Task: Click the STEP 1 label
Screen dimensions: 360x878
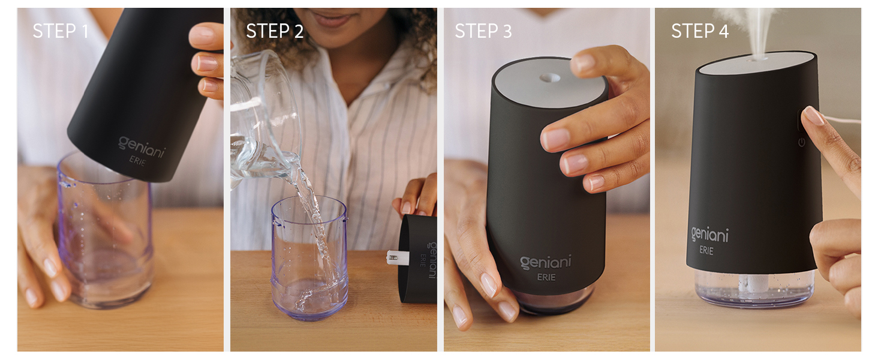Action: [61, 31]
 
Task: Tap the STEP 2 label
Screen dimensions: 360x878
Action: [275, 31]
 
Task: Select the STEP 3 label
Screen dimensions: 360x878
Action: [483, 31]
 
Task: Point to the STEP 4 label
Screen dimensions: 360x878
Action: [700, 31]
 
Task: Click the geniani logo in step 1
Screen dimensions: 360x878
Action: [141, 146]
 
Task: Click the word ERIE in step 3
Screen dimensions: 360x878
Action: [546, 277]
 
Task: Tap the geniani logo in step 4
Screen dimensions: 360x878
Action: [709, 235]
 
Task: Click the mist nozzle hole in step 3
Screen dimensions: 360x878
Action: [549, 77]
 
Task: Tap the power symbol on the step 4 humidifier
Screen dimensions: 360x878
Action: [801, 142]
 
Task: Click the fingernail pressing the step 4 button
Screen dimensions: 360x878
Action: [813, 115]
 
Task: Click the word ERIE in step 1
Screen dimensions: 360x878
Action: [138, 161]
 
